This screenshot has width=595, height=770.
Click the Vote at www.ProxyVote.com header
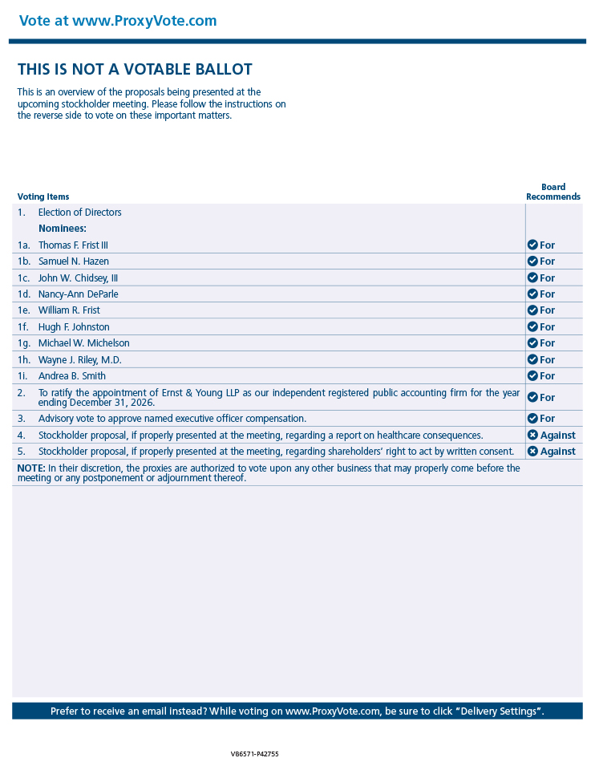click(x=117, y=21)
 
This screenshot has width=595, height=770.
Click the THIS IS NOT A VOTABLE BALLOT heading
click(x=135, y=70)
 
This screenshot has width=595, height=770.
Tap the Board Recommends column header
click(x=553, y=192)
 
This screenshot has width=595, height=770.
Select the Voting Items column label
click(x=43, y=197)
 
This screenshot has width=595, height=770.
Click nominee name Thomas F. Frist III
click(x=73, y=245)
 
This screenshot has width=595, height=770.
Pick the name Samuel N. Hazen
click(x=74, y=261)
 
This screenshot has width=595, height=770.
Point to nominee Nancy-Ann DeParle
click(x=78, y=294)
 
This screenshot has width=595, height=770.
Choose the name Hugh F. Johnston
click(x=74, y=327)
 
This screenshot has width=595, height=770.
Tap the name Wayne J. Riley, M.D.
click(x=80, y=360)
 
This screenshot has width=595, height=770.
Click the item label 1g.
click(x=24, y=343)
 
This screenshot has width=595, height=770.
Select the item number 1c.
click(x=24, y=278)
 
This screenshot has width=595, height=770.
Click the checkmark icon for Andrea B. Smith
click(x=532, y=376)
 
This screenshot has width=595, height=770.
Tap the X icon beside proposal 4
click(x=532, y=436)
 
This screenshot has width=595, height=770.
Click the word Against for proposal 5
click(x=558, y=452)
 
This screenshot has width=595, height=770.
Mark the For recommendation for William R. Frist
click(x=547, y=310)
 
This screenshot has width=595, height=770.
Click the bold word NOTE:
click(x=31, y=468)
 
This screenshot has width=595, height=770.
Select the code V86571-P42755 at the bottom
click(x=254, y=754)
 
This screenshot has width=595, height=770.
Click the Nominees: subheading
click(x=63, y=229)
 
